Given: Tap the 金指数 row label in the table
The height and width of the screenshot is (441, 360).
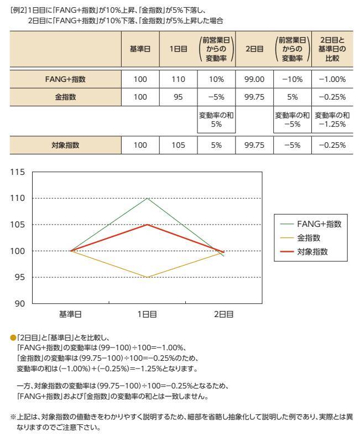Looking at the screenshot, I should pyautogui.click(x=65, y=97).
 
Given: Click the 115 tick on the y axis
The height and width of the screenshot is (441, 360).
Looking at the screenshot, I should pyautogui.click(x=18, y=172).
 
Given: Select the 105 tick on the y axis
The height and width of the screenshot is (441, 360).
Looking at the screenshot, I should pyautogui.click(x=18, y=225).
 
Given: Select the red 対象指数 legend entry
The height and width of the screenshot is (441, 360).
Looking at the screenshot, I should pyautogui.click(x=312, y=251).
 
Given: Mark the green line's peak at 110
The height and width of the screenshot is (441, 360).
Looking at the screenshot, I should pyautogui.click(x=147, y=198).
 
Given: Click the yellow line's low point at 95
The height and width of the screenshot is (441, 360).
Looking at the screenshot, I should pyautogui.click(x=147, y=277).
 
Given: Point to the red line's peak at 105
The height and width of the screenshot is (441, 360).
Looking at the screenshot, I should pyautogui.click(x=147, y=225).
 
